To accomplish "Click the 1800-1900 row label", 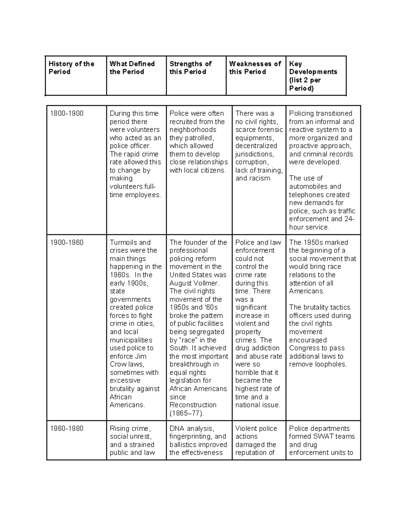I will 67,114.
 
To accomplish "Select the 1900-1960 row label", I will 67,243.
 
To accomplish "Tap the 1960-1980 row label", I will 67,429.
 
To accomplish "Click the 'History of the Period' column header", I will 71,68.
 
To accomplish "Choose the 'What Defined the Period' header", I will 132,68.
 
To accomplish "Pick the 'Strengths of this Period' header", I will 190,68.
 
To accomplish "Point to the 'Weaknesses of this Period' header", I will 255,68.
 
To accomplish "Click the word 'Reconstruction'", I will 193,405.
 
